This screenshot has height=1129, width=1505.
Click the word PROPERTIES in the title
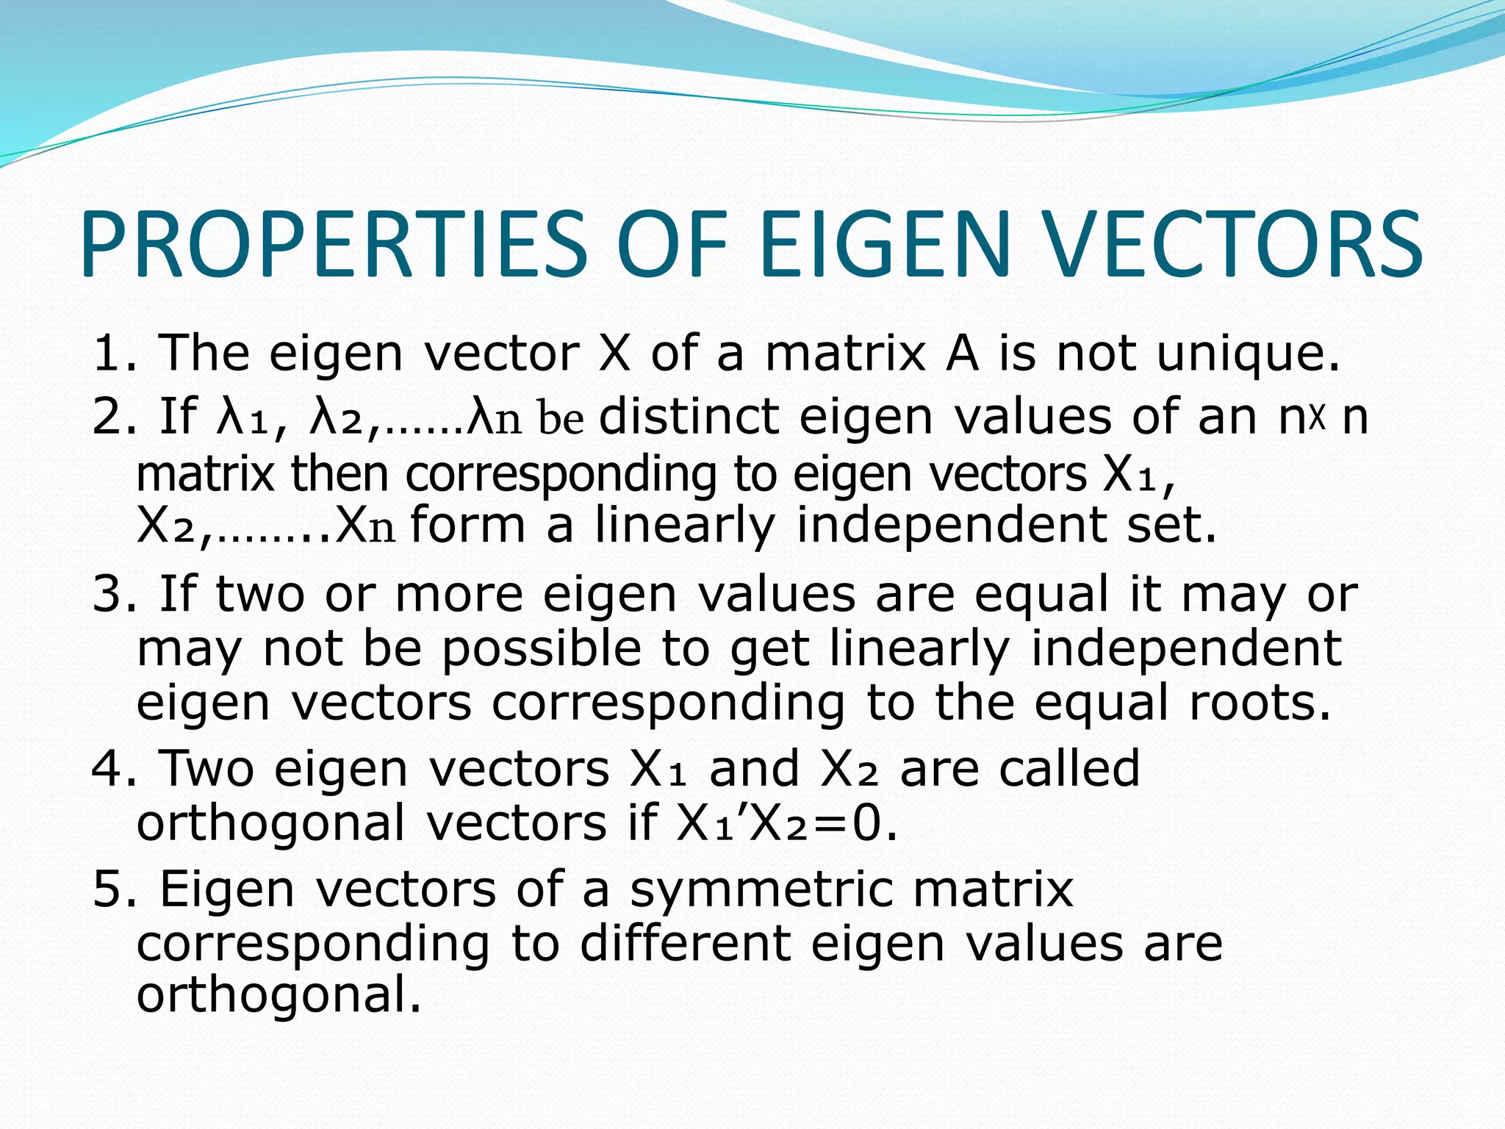(x=334, y=244)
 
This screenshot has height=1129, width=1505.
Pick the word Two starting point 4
(x=206, y=769)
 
